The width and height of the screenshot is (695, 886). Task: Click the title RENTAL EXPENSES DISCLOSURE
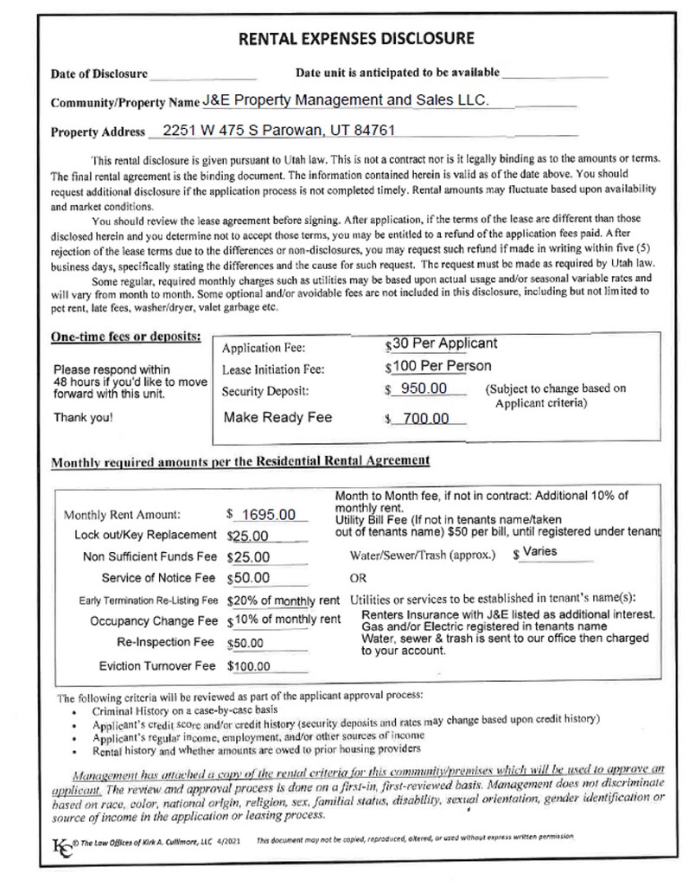[355, 38]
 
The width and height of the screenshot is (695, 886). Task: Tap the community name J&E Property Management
[346, 101]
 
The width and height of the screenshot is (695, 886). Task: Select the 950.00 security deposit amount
[424, 388]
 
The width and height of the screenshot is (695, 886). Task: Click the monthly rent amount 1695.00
[268, 514]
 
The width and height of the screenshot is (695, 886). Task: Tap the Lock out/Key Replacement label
[145, 535]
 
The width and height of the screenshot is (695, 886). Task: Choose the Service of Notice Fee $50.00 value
[249, 578]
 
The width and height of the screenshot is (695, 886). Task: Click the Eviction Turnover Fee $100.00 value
[249, 667]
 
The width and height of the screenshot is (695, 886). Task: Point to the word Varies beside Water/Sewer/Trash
[539, 551]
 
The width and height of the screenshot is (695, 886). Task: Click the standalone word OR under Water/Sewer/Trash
[358, 578]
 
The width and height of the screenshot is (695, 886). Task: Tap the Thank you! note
[81, 417]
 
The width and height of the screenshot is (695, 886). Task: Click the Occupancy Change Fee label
[154, 621]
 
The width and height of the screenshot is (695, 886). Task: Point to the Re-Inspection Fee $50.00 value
[249, 645]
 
